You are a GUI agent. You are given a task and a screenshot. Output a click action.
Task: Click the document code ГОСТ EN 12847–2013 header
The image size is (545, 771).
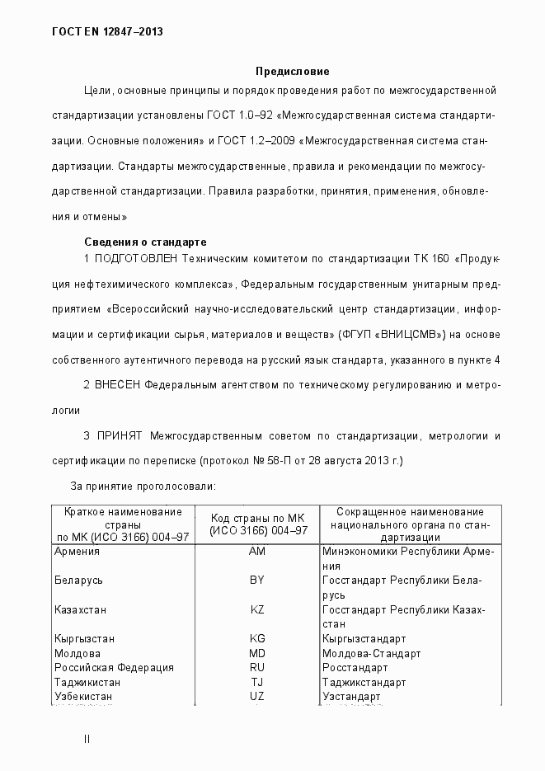click(107, 31)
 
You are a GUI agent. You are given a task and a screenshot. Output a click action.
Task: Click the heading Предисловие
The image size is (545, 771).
click(292, 72)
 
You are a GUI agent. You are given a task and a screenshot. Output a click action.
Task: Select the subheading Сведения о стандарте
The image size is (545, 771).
click(145, 242)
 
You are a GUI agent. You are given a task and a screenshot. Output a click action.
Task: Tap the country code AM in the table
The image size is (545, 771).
click(256, 552)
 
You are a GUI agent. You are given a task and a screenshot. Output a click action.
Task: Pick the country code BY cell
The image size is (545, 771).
click(256, 581)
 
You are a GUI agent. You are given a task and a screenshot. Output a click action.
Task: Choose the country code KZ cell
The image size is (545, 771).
click(256, 609)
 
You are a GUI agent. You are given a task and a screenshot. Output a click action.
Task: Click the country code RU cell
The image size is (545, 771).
click(256, 667)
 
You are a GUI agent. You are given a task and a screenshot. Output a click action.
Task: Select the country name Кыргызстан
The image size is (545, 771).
click(84, 638)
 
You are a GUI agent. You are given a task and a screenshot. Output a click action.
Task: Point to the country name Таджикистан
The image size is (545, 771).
click(87, 682)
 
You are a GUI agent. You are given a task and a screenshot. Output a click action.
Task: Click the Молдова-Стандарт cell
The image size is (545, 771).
click(371, 653)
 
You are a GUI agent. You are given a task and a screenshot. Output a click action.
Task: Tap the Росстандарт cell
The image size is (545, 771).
click(355, 667)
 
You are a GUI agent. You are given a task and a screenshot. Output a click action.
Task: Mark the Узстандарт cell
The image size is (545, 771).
click(351, 696)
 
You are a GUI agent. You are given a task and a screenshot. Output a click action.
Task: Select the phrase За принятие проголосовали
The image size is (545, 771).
click(143, 487)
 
